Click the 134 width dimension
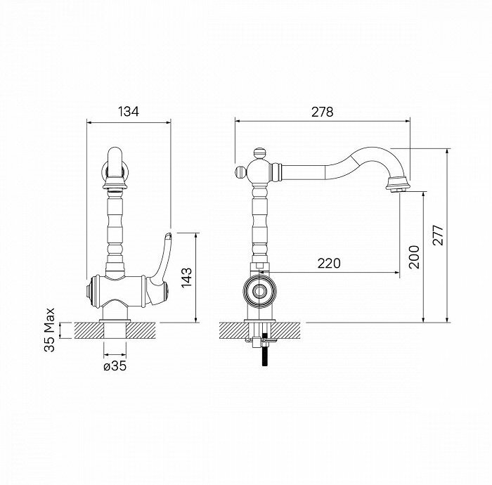pyautogui.click(x=128, y=111)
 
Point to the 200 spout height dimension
pyautogui.click(x=413, y=257)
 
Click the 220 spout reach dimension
pyautogui.click(x=328, y=263)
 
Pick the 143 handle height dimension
pyautogui.click(x=186, y=279)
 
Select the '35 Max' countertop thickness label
pyautogui.click(x=49, y=329)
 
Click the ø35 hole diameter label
pyautogui.click(x=115, y=366)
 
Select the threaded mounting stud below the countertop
pyautogui.click(x=264, y=351)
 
